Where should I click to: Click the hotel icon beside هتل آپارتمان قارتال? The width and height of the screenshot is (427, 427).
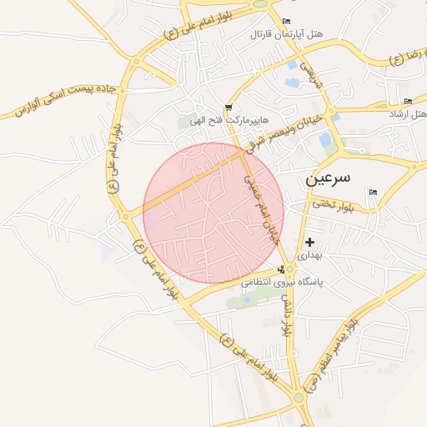(287, 21)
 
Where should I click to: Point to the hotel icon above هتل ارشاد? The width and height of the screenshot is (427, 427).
(408, 101)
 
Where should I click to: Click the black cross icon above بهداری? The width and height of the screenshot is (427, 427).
(310, 241)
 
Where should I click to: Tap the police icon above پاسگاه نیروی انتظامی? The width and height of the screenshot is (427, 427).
(282, 269)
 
